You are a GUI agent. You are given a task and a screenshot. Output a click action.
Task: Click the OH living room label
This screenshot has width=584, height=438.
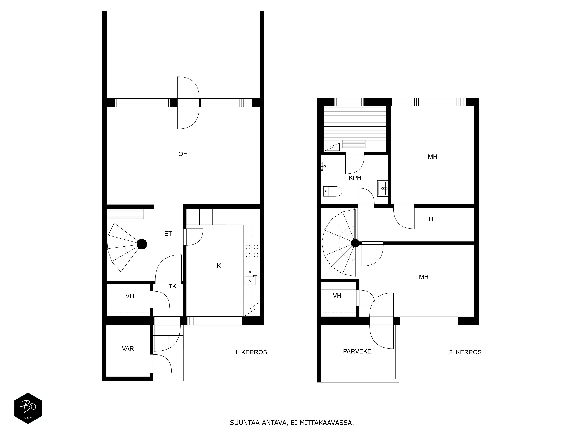(183, 154)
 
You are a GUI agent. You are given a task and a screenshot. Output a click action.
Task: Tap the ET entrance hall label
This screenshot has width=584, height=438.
(168, 234)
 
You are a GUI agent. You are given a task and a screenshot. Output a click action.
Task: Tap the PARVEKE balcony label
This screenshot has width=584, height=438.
(357, 351)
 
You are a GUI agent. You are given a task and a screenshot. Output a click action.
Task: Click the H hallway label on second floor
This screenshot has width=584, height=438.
(431, 219)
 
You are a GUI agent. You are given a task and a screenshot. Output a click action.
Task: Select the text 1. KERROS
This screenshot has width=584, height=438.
(251, 352)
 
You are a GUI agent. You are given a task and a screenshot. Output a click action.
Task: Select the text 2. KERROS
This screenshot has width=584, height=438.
(465, 352)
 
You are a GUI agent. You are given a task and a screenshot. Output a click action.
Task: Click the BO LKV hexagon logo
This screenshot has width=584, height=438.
(28, 408)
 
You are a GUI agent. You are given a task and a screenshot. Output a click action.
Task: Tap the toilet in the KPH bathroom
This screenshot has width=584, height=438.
(333, 191)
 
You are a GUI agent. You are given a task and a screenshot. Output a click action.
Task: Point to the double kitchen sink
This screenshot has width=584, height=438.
(250, 276)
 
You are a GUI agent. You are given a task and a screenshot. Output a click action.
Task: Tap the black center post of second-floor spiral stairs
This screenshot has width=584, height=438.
(355, 243)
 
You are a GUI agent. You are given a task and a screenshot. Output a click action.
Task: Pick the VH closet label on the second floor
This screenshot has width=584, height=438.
(337, 296)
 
